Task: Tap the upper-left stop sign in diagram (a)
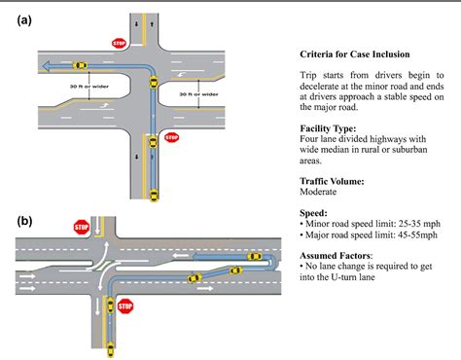coord(120,43)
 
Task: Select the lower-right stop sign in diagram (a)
coord(172,137)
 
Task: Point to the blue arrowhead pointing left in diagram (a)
coord(46,66)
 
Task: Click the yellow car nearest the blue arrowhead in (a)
coord(81,65)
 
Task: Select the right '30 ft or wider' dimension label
coord(199,93)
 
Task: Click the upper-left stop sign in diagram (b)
coord(81,228)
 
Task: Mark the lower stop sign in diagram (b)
coord(124,306)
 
